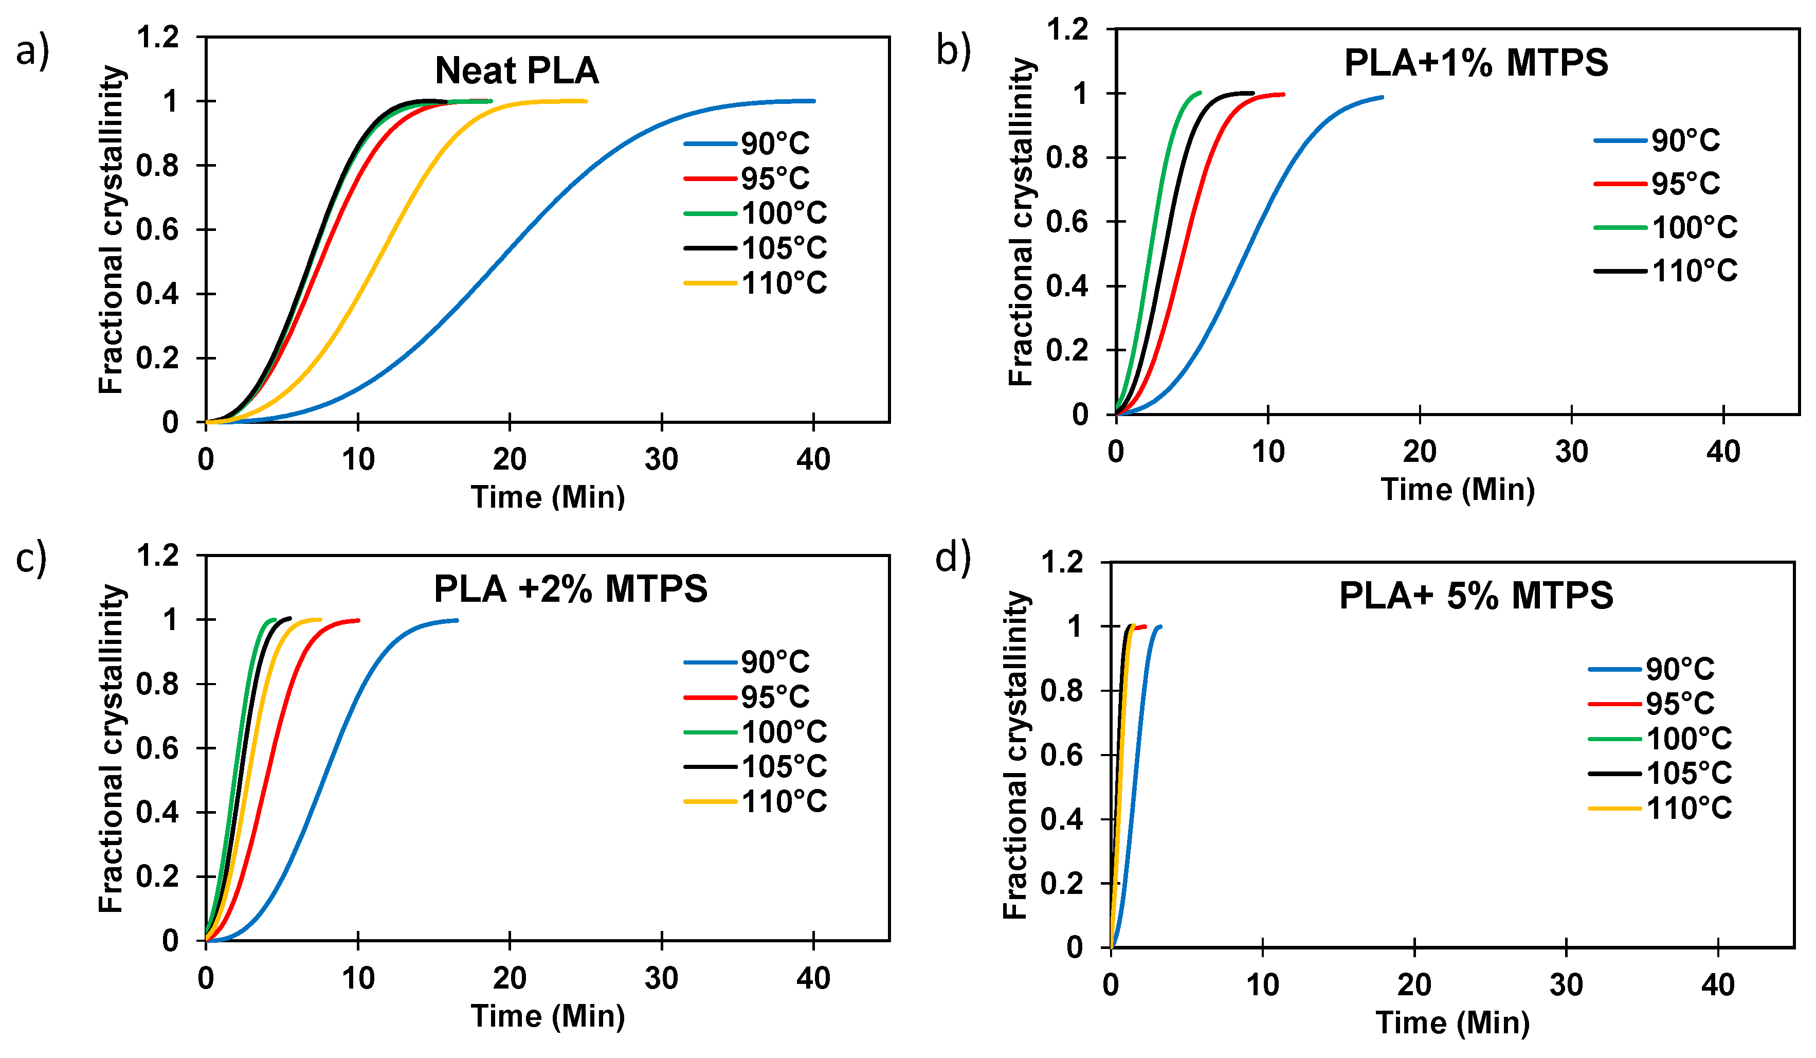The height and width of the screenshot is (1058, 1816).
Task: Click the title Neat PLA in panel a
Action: [517, 70]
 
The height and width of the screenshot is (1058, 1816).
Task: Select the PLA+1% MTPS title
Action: [1476, 63]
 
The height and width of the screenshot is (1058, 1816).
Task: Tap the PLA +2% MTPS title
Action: [570, 589]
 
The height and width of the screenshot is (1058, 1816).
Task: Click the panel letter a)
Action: [32, 52]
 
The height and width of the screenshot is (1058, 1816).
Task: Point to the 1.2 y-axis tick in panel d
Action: [1062, 562]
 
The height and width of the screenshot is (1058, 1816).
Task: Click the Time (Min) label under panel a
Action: [548, 497]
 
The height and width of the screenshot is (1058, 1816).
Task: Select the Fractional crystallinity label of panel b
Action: [1021, 222]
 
